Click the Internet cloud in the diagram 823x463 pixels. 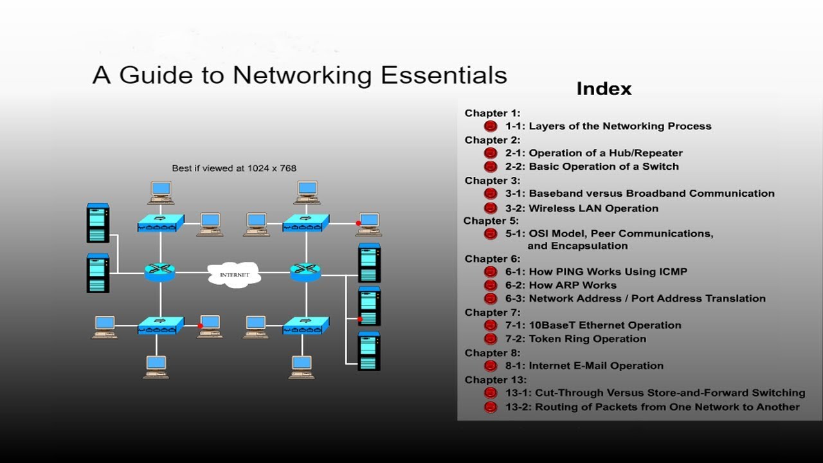pyautogui.click(x=235, y=275)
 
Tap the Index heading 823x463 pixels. pyautogui.click(x=604, y=89)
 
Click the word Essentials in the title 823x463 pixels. pyautogui.click(x=444, y=75)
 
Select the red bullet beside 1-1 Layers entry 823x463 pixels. pyautogui.click(x=491, y=127)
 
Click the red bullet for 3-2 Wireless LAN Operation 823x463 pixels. pyautogui.click(x=491, y=208)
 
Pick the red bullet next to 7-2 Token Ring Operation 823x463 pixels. pyautogui.click(x=491, y=339)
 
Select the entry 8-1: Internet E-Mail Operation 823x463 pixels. pyautogui.click(x=584, y=366)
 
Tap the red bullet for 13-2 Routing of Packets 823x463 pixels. pyautogui.click(x=491, y=407)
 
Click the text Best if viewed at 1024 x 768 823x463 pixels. pyautogui.click(x=234, y=168)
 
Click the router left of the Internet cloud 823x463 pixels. pyautogui.click(x=160, y=272)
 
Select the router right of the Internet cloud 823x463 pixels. pyautogui.click(x=305, y=272)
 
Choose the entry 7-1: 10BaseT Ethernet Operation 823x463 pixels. pyautogui.click(x=593, y=325)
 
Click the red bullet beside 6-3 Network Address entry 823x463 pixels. pyautogui.click(x=491, y=299)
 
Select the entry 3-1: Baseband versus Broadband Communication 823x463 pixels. pyautogui.click(x=640, y=194)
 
